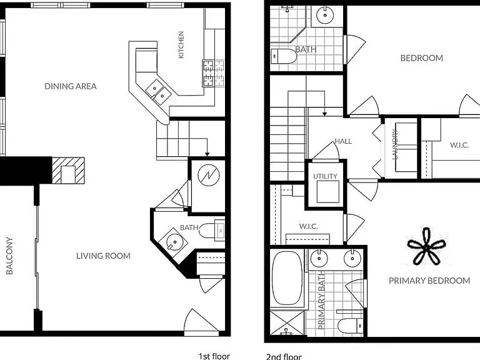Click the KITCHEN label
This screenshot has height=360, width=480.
[181, 45]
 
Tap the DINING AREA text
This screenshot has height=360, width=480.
[71, 86]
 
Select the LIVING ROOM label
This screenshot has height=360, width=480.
[103, 256]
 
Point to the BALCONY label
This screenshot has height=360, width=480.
[9, 256]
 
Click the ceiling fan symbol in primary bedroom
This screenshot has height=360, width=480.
[426, 247]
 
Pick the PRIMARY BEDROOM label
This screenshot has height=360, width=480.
[429, 281]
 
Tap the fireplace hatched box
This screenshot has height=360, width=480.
[68, 171]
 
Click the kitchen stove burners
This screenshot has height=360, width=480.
[213, 74]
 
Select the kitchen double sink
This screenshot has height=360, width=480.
[158, 92]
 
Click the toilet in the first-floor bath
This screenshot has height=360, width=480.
[212, 230]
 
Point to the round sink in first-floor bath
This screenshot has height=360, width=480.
[172, 241]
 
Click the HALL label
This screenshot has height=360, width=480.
[343, 141]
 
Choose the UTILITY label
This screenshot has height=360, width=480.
[325, 176]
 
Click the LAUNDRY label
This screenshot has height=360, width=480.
[395, 144]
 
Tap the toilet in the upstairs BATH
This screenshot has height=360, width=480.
[284, 56]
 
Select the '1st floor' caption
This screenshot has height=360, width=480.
[214, 356]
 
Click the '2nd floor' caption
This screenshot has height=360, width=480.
[284, 357]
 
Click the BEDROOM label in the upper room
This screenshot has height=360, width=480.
[421, 58]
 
